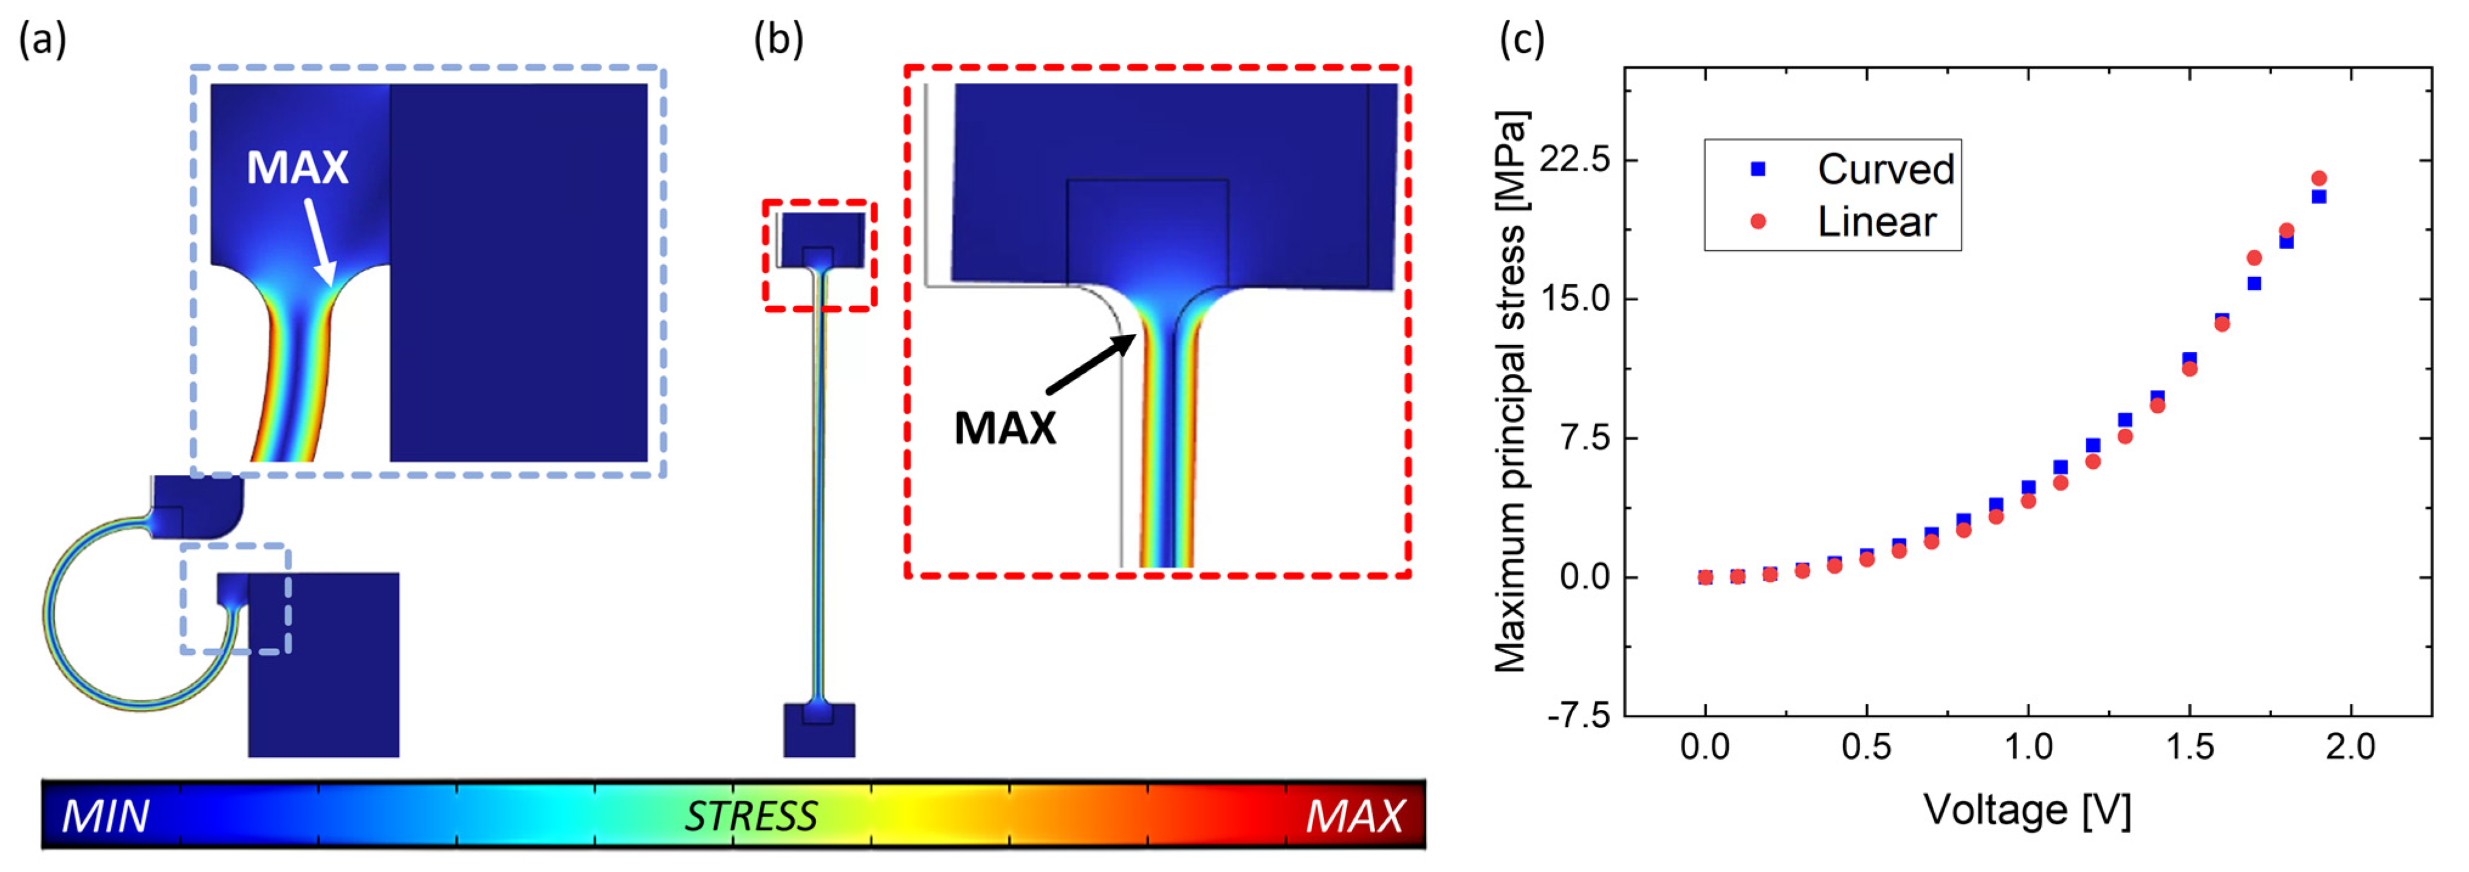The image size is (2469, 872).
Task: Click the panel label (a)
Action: [x=42, y=40]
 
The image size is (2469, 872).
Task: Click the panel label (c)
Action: [x=1521, y=40]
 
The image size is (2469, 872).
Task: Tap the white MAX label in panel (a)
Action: [x=297, y=168]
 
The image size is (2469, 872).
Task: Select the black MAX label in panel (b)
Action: [x=1004, y=428]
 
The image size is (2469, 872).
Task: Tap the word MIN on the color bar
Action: [x=105, y=816]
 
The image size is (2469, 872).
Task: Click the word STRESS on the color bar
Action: [x=750, y=816]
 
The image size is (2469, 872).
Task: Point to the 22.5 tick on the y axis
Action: [x=1574, y=159]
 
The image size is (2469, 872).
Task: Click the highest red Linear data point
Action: [x=2318, y=179]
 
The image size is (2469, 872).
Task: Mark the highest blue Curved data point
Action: [x=2318, y=196]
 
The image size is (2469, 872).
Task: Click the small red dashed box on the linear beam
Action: [x=820, y=255]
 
